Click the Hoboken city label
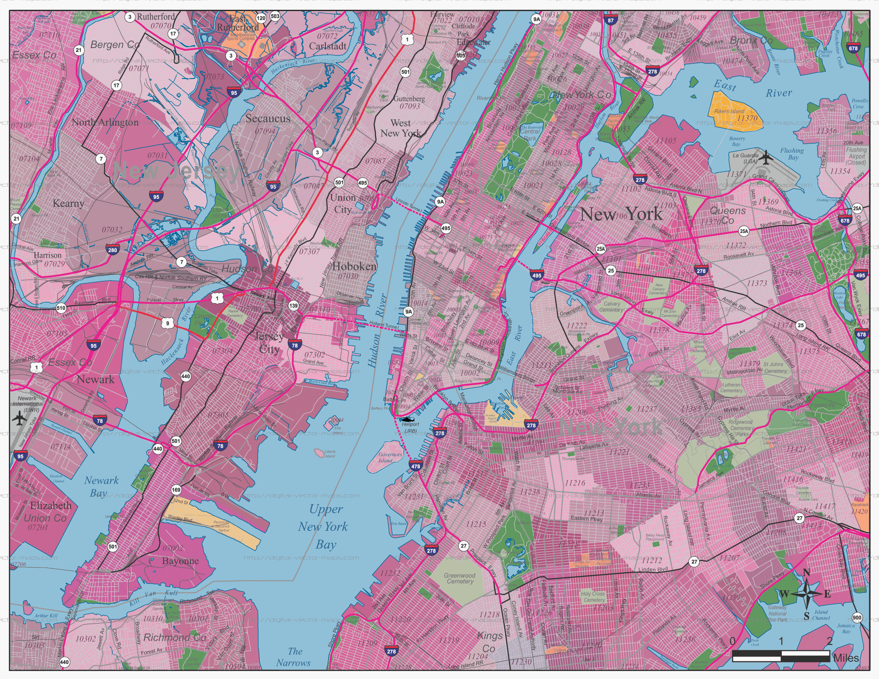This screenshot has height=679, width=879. (x=354, y=266)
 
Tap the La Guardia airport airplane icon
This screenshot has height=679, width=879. (x=766, y=157)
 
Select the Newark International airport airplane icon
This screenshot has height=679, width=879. (x=19, y=418)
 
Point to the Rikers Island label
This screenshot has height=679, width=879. (x=729, y=111)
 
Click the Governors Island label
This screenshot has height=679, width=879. (x=389, y=458)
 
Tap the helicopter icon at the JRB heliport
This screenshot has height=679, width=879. (x=407, y=419)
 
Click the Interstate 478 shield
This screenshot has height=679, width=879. (x=416, y=466)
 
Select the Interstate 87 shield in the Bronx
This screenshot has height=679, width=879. (x=611, y=20)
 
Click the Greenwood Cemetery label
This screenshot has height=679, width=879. (x=459, y=578)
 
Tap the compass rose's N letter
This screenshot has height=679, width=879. (x=807, y=572)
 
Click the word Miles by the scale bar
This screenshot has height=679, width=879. (x=846, y=658)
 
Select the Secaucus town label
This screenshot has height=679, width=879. (x=268, y=118)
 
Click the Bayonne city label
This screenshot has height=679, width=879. (x=180, y=561)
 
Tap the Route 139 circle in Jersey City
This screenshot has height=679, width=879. (x=293, y=306)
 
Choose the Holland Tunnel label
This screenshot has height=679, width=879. (x=384, y=325)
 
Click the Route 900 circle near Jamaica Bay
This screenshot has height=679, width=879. (x=857, y=618)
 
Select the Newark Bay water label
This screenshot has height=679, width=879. (x=101, y=486)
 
